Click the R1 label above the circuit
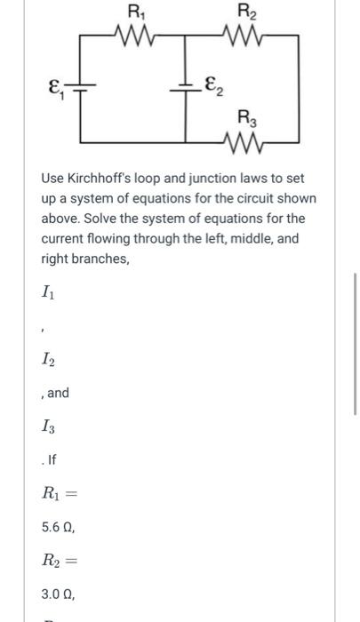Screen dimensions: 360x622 coord(136,12)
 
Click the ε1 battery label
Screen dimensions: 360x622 coord(56,86)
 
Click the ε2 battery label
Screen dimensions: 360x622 coord(212,86)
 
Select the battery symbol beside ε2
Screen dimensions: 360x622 coord(187,85)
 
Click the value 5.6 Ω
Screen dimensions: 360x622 coord(59,527)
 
